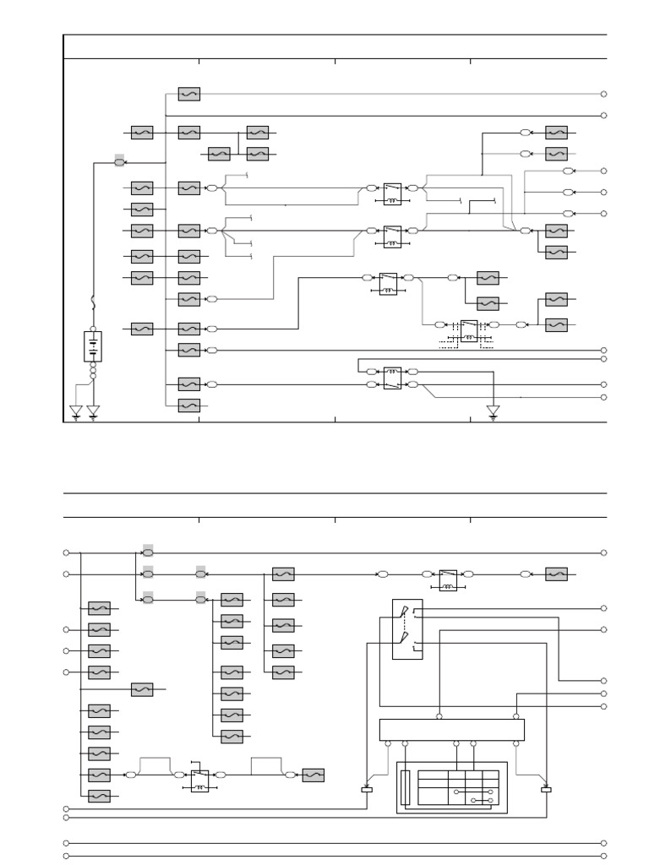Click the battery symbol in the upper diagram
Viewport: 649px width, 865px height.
pyautogui.click(x=92, y=346)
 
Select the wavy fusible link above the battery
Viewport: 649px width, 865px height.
pyautogui.click(x=92, y=302)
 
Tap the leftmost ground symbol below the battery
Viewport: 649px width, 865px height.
pyautogui.click(x=76, y=411)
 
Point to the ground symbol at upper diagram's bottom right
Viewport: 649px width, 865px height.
pyautogui.click(x=493, y=411)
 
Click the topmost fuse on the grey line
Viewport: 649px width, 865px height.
pyautogui.click(x=189, y=95)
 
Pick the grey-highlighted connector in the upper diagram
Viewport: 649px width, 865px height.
pyautogui.click(x=119, y=160)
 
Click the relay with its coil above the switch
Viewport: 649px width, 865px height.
pyautogui.click(x=392, y=377)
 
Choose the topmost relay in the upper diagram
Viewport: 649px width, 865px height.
pyautogui.click(x=392, y=193)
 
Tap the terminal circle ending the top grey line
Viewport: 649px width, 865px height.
pyautogui.click(x=603, y=95)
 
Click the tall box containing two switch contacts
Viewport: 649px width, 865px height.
pyautogui.click(x=407, y=629)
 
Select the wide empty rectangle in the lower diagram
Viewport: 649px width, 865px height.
pyautogui.click(x=452, y=729)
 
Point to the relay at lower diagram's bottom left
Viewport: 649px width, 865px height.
pyautogui.click(x=199, y=780)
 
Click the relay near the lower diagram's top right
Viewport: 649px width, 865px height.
pyautogui.click(x=448, y=579)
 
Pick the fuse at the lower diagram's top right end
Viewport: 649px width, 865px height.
pyautogui.click(x=556, y=574)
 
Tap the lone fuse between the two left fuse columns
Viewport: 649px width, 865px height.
pyautogui.click(x=142, y=690)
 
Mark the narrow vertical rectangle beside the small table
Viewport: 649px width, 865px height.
pyautogui.click(x=406, y=787)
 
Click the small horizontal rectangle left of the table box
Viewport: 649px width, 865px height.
pyautogui.click(x=367, y=789)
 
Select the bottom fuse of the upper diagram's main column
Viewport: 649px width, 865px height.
pyautogui.click(x=189, y=405)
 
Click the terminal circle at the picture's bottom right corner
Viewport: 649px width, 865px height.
pyautogui.click(x=603, y=857)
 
